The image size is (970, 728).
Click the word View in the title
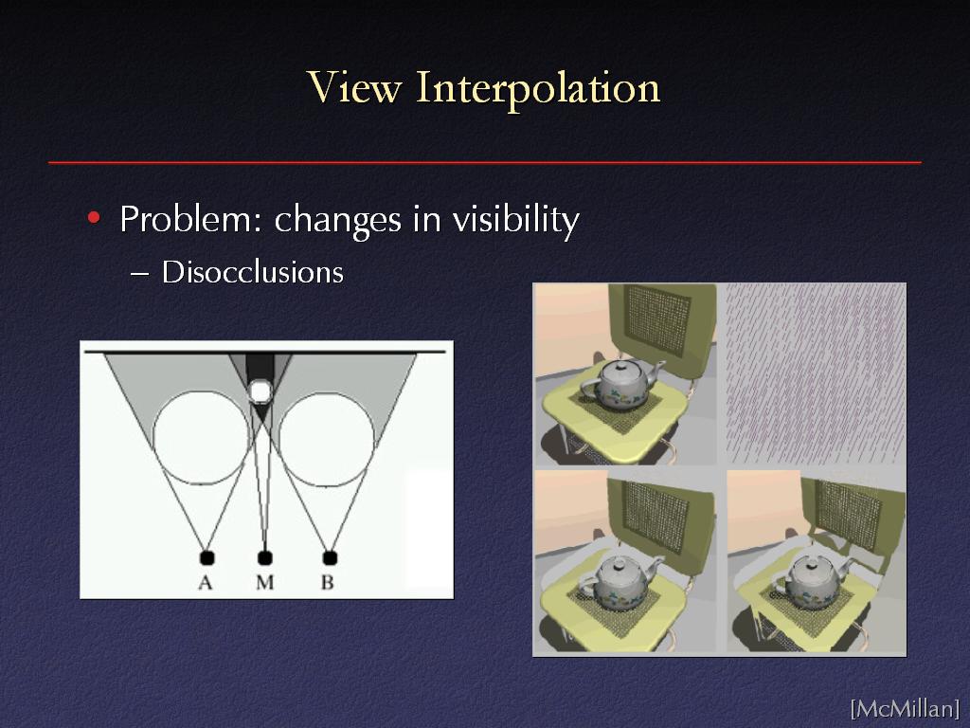point(354,87)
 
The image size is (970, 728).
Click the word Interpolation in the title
point(538,89)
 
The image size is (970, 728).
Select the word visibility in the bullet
point(515,219)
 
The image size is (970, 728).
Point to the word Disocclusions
point(252,272)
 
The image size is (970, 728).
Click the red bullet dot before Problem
point(94,217)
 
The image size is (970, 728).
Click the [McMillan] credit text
point(905,708)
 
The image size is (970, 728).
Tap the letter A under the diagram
point(205,583)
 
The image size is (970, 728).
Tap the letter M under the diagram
point(265,583)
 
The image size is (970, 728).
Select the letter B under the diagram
point(327,583)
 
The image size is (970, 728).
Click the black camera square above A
point(207,557)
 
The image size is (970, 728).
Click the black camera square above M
point(265,557)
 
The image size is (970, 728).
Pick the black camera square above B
point(330,557)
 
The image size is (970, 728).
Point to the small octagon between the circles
point(260,391)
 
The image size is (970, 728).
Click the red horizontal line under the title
point(485,162)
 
